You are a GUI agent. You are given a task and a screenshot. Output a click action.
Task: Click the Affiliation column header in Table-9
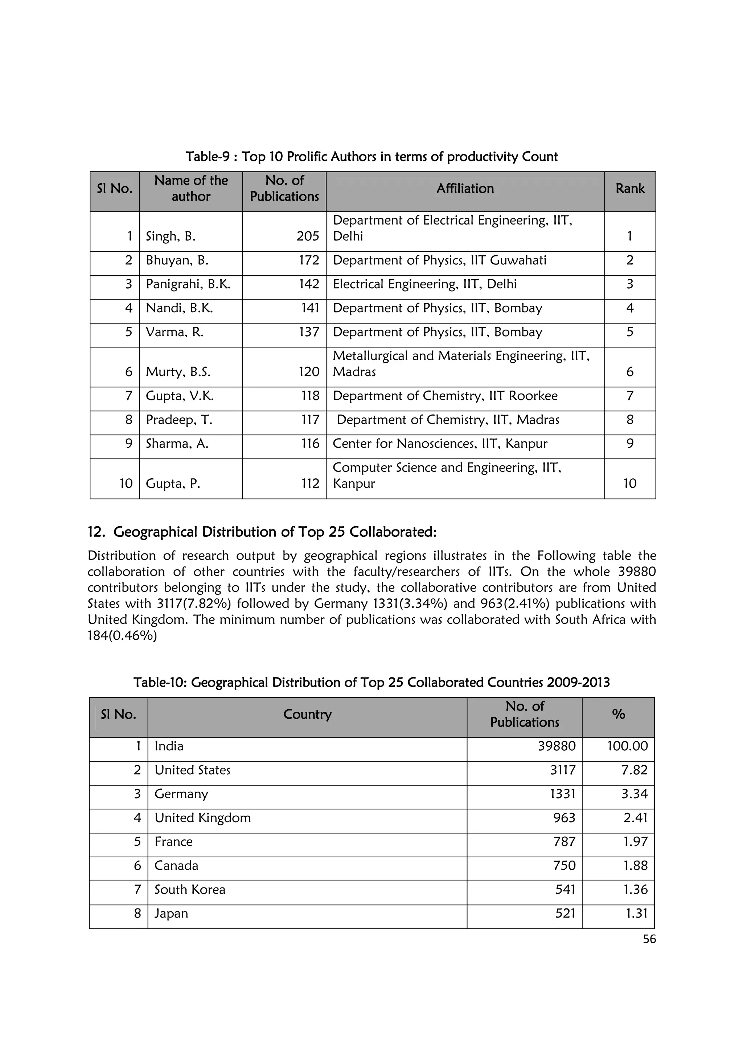point(465,189)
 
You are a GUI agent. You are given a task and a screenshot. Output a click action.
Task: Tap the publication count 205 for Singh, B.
point(307,236)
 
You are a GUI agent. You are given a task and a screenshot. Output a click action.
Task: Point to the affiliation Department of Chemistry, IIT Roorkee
point(445,396)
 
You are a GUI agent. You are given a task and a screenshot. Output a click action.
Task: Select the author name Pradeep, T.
point(178,420)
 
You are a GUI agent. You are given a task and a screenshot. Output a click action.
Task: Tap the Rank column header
point(629,189)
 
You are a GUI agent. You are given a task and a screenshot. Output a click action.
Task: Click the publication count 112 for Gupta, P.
point(310,483)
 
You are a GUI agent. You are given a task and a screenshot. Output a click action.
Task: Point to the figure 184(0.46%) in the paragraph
point(122,636)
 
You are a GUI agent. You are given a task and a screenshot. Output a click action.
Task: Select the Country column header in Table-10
point(307,714)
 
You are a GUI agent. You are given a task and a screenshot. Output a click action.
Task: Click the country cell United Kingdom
point(202,818)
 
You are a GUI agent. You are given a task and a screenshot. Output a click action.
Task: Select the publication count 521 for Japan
point(565,913)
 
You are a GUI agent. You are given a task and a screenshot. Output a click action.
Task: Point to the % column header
point(618,714)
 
